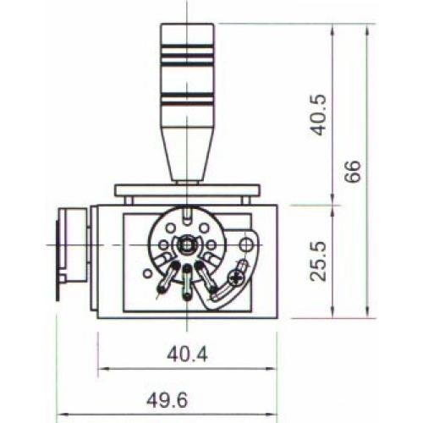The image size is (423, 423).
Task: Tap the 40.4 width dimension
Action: click(186, 355)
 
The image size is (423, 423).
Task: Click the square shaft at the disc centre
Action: click(186, 245)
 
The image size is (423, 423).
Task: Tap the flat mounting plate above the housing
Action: click(185, 191)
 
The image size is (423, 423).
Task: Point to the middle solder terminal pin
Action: click(186, 279)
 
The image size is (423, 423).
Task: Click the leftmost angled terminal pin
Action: click(162, 283)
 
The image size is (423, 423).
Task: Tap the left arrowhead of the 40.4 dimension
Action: click(102, 369)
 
